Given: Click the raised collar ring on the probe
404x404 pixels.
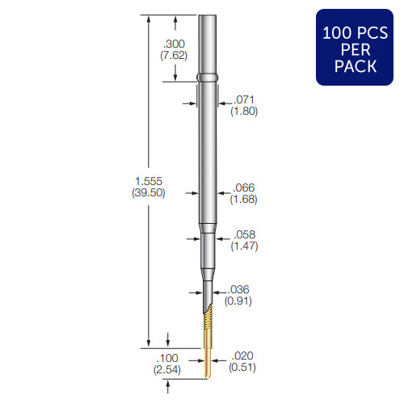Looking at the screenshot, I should [208, 78].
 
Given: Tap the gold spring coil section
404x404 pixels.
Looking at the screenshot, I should [206, 327].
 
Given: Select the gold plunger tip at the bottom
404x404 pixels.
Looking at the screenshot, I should [206, 368].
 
